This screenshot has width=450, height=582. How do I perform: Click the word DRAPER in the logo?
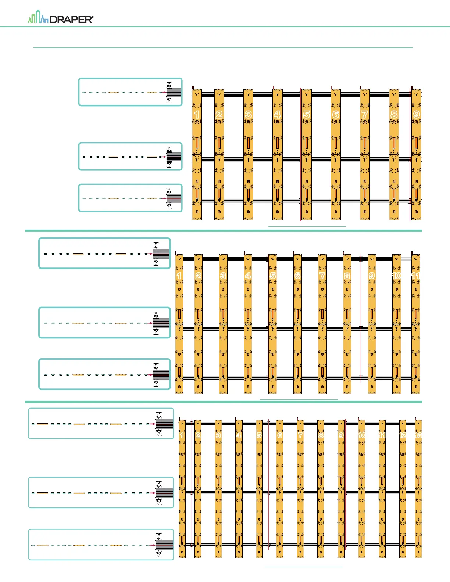(x=71, y=19)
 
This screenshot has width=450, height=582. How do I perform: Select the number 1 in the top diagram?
(x=197, y=115)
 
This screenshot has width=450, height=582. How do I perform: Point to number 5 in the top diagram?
(x=306, y=115)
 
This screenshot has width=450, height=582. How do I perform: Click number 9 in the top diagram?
(x=416, y=115)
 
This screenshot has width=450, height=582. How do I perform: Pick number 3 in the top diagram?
(x=248, y=115)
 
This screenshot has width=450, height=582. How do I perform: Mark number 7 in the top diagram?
(x=365, y=115)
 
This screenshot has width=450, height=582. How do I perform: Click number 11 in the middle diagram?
(x=416, y=276)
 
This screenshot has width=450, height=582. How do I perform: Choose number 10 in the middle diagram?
(x=396, y=276)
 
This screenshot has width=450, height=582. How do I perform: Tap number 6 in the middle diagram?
(x=297, y=276)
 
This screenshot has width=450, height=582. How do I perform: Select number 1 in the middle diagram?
(x=179, y=276)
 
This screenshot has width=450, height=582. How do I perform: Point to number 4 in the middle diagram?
(x=248, y=276)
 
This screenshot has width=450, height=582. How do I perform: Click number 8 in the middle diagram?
(x=347, y=276)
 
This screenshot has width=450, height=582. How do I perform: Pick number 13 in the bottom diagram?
(x=418, y=435)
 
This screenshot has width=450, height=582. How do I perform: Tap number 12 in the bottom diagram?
(x=403, y=435)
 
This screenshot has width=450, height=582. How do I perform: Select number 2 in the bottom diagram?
(x=198, y=435)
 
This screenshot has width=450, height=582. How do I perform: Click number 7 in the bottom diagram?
(x=300, y=435)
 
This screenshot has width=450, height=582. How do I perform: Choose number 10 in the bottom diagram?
(x=362, y=435)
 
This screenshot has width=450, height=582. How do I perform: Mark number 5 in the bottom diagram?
(x=259, y=435)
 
